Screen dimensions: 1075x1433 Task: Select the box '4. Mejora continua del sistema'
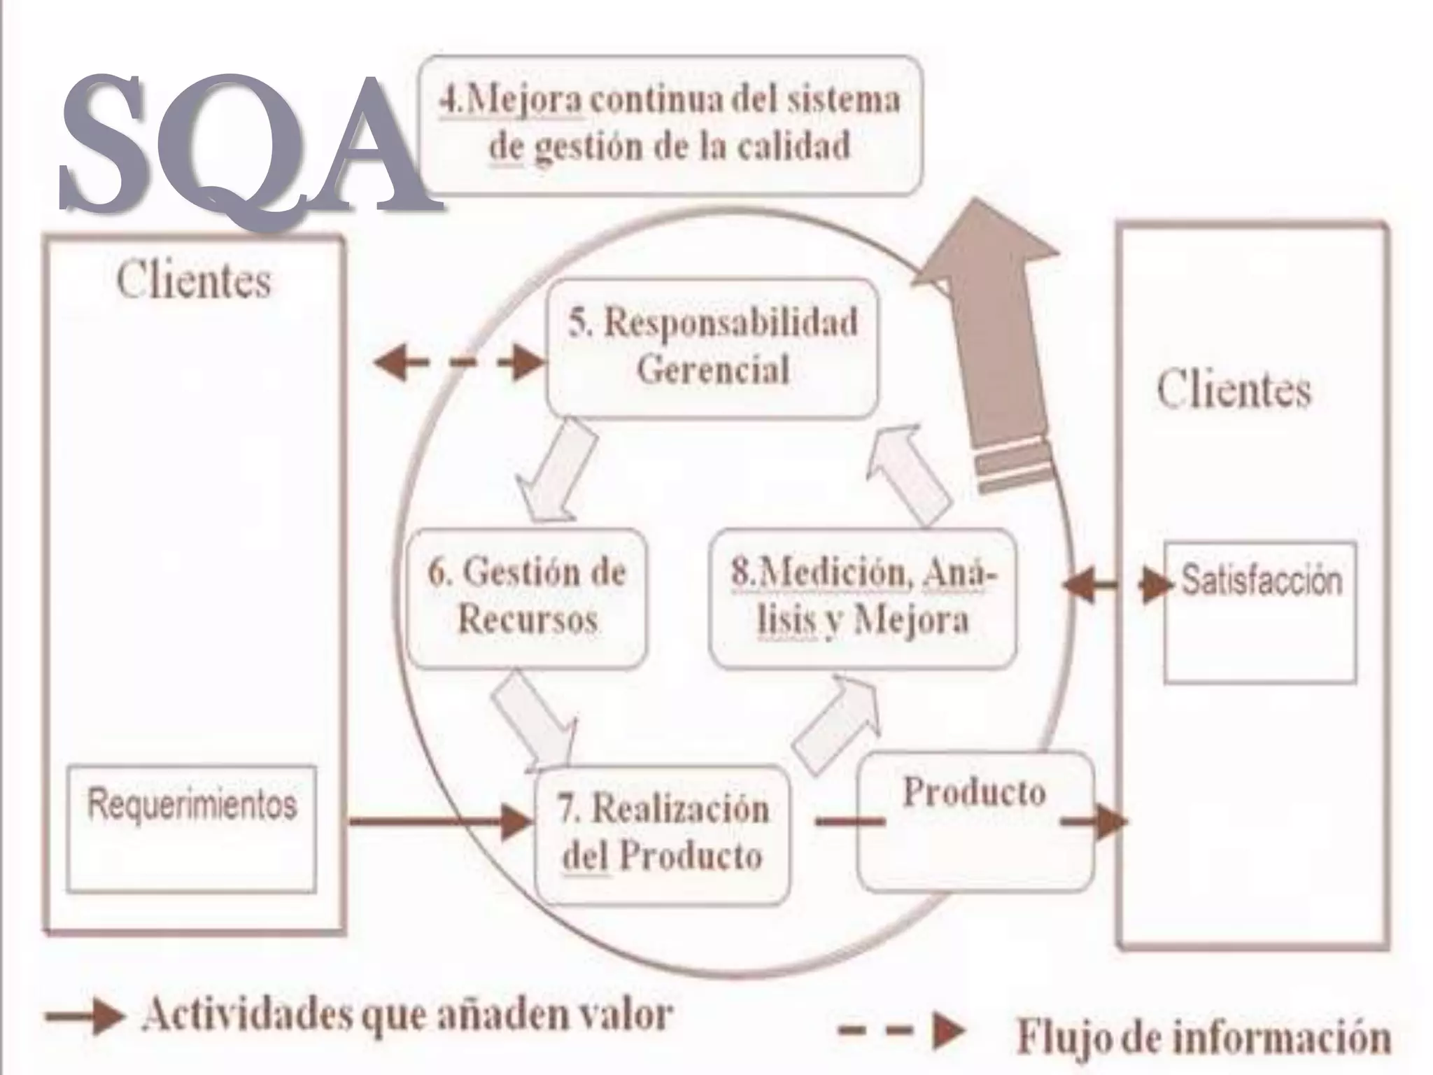(x=670, y=124)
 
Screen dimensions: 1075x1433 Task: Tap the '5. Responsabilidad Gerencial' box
(x=712, y=347)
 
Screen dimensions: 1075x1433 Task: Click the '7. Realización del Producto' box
(x=663, y=834)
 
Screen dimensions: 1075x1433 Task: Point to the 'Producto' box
(x=975, y=820)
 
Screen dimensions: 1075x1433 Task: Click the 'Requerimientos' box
(x=192, y=828)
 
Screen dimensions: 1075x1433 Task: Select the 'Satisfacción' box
(x=1260, y=611)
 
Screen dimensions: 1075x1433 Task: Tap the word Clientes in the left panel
(x=194, y=281)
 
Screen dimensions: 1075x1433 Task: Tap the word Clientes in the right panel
(x=1234, y=390)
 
